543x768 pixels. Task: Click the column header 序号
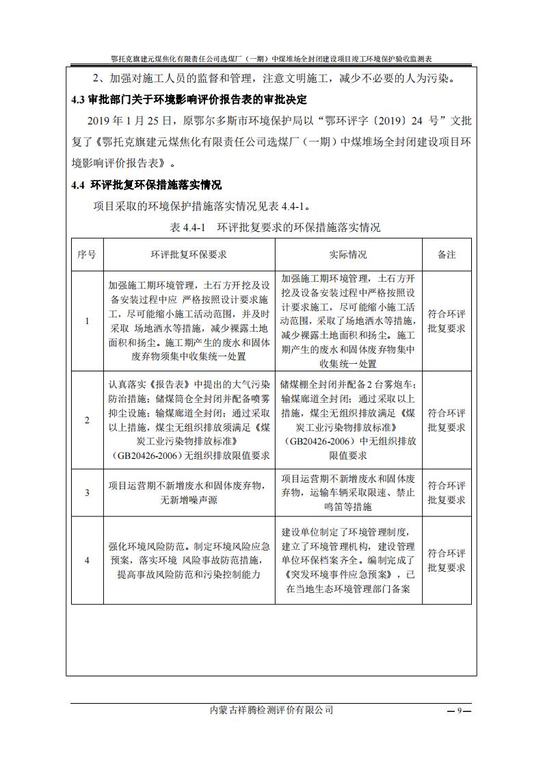click(x=87, y=254)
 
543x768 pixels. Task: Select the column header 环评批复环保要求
click(x=189, y=254)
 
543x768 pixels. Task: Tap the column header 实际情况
click(x=348, y=254)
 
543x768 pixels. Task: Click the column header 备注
click(x=447, y=254)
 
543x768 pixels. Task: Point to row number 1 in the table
click(x=87, y=321)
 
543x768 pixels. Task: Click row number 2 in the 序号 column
click(x=87, y=420)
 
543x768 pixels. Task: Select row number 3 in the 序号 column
click(x=87, y=492)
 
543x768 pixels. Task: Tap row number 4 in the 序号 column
click(x=87, y=560)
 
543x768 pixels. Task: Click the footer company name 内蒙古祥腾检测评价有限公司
click(x=271, y=710)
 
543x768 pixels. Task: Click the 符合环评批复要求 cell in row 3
click(x=447, y=492)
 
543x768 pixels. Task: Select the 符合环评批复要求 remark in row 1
click(x=447, y=321)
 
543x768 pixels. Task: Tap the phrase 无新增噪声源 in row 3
click(x=189, y=500)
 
